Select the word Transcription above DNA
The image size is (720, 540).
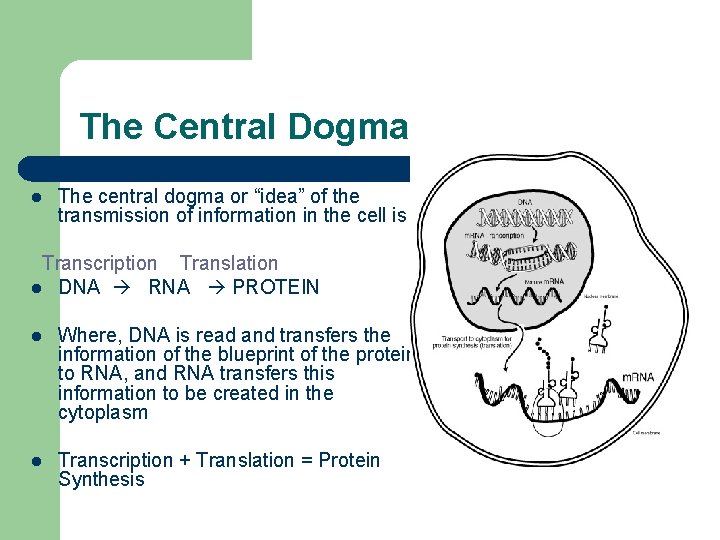click(x=99, y=263)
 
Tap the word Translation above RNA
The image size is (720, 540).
click(x=229, y=263)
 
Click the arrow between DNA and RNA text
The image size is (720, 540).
click(x=124, y=288)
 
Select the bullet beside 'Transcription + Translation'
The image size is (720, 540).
click(x=34, y=461)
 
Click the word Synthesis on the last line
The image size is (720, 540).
click(x=101, y=480)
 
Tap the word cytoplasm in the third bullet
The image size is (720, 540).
click(x=103, y=413)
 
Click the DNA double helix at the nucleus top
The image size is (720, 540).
click(x=526, y=217)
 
